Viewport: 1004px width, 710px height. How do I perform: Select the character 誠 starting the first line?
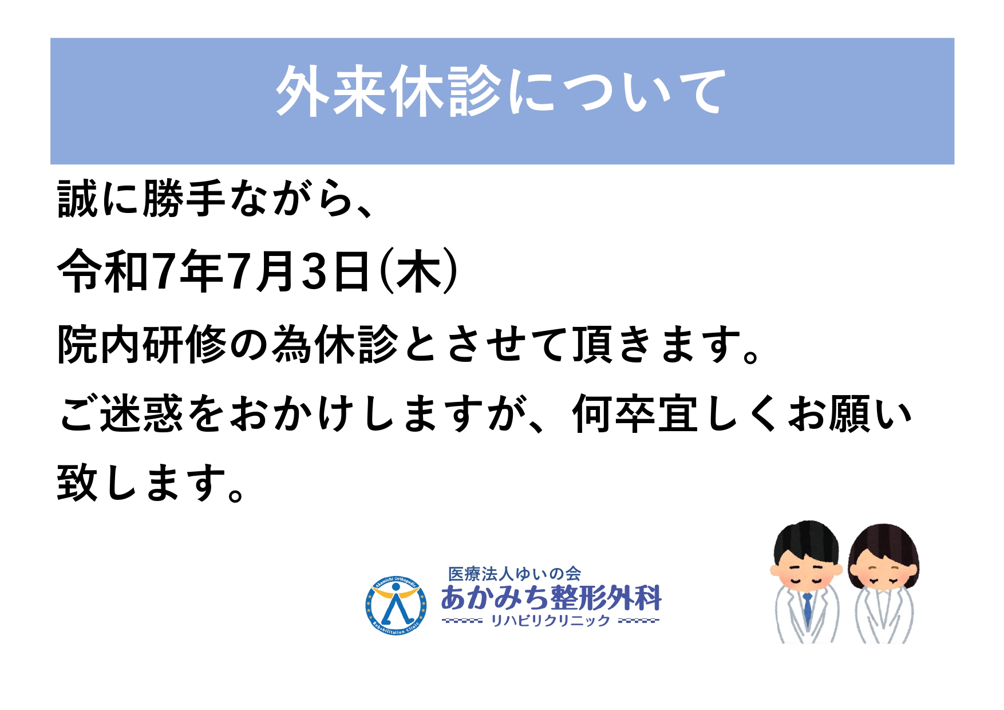[x=78, y=199]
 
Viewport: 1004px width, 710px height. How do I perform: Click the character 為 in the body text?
[x=292, y=345]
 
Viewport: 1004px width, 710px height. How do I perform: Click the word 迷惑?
[x=142, y=413]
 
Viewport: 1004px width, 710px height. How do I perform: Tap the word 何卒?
[x=614, y=413]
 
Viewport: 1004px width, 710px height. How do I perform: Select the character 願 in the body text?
[x=850, y=413]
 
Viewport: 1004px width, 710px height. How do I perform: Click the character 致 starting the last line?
[x=78, y=482]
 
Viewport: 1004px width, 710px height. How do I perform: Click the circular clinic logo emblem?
[x=396, y=605]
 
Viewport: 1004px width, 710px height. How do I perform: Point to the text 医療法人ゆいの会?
[x=514, y=573]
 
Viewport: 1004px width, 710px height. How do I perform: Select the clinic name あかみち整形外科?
[x=551, y=598]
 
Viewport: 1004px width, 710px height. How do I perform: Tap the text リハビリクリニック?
[x=551, y=621]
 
